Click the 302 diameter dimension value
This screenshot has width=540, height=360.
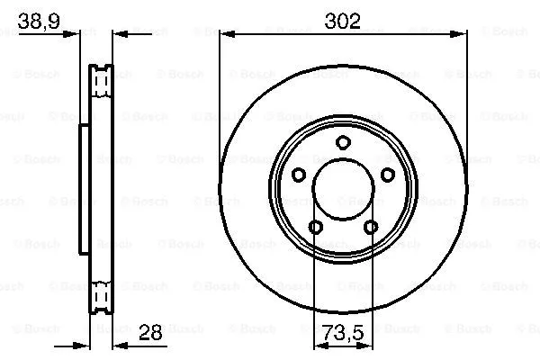point(342,20)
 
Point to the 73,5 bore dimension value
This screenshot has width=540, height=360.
point(342,333)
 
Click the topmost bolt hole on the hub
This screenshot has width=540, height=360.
point(342,141)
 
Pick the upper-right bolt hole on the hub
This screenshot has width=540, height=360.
point(387,175)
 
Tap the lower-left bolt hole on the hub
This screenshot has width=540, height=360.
point(315,227)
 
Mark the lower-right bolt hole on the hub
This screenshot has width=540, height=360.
point(370,227)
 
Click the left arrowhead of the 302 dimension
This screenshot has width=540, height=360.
point(226,35)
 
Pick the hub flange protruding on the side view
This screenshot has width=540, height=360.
point(84,189)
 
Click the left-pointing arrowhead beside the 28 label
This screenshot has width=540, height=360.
point(118,346)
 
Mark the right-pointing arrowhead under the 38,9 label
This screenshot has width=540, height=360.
point(76,35)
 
